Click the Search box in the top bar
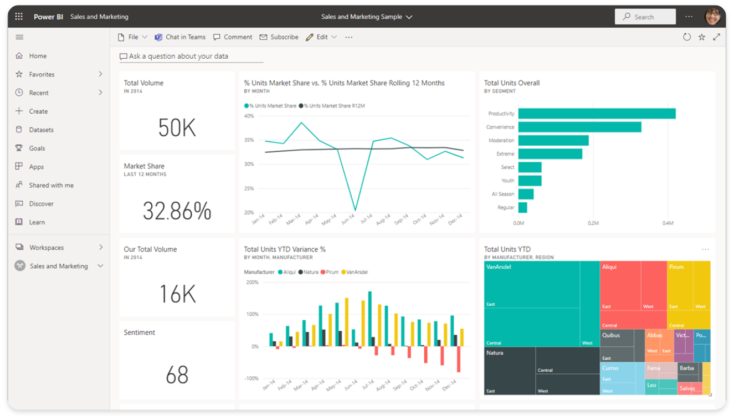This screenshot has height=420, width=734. [645, 17]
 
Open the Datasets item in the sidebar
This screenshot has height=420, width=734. [42, 130]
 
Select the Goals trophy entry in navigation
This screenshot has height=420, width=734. [37, 148]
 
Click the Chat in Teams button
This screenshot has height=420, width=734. [180, 37]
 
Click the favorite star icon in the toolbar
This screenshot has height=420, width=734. [701, 37]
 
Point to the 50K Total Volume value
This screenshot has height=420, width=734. [177, 128]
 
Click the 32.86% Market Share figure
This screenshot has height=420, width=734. [177, 211]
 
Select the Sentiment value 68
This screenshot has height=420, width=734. [177, 375]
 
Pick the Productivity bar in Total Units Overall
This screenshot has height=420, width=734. [597, 114]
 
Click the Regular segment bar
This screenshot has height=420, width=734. [522, 207]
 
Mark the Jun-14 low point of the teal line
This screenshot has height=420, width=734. [355, 211]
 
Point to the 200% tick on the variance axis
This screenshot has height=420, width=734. [252, 282]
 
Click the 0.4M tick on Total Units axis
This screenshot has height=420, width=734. [668, 223]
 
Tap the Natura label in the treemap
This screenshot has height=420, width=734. [495, 352]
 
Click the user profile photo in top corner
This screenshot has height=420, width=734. [712, 17]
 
